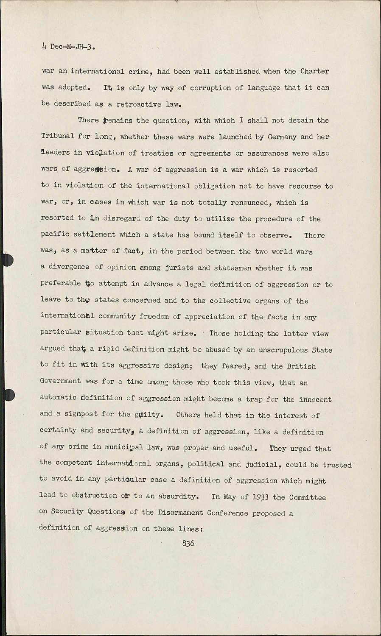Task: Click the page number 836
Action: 188,543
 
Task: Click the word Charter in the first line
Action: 314,71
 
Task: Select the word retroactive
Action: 139,104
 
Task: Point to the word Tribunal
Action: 57,137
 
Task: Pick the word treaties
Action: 157,153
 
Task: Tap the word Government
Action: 60,382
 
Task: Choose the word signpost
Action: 81,414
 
